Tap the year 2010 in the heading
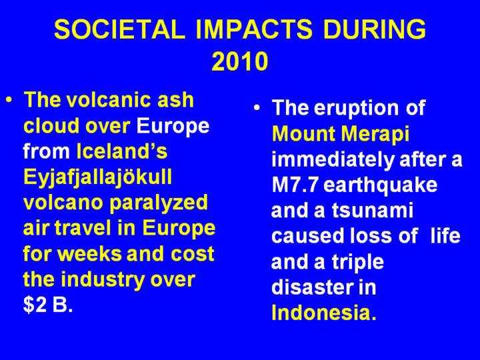pyautogui.click(x=240, y=61)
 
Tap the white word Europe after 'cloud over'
pyautogui.click(x=173, y=125)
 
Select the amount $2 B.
pyautogui.click(x=48, y=305)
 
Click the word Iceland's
pyautogui.click(x=122, y=151)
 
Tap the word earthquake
pyautogui.click(x=380, y=186)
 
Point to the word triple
pyautogui.click(x=358, y=263)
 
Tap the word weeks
pyautogui.click(x=91, y=254)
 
